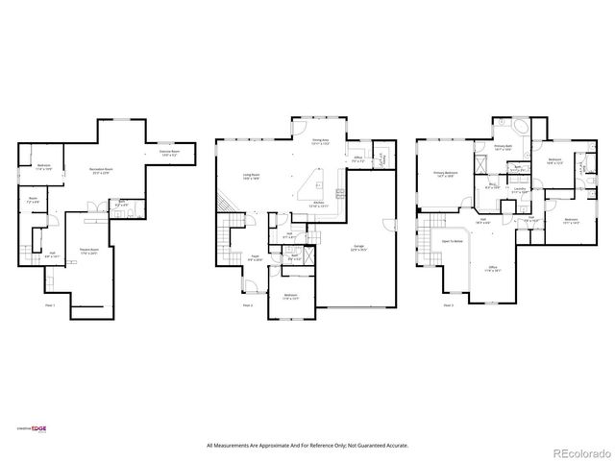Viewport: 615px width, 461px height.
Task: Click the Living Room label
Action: (253, 177)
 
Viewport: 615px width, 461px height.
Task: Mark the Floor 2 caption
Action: (248, 305)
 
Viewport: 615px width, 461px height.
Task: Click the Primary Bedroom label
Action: (445, 174)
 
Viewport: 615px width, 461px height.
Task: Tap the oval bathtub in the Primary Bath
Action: (507, 130)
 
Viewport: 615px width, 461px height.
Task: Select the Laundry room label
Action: (519, 189)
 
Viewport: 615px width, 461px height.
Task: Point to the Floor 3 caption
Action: (448, 305)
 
